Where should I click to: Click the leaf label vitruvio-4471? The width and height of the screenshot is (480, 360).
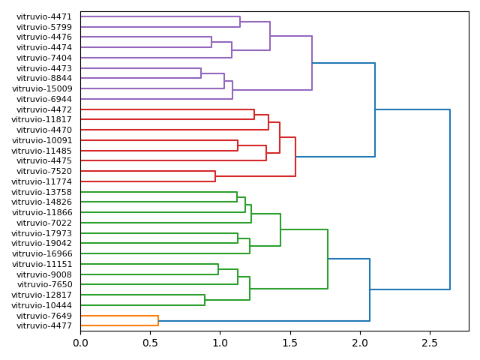tap(44, 16)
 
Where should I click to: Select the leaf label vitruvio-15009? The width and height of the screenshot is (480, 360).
tap(42, 88)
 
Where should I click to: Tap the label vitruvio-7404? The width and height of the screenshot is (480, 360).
tap(44, 58)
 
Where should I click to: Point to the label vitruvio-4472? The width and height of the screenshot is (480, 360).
tap(44, 109)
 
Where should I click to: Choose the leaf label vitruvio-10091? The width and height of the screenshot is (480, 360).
tap(42, 140)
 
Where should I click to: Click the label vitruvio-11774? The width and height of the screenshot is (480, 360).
tap(42, 181)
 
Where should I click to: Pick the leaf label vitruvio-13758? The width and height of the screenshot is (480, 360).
tap(42, 192)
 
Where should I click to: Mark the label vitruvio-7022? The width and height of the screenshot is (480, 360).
tap(44, 223)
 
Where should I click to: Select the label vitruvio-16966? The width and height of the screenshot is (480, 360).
tap(42, 253)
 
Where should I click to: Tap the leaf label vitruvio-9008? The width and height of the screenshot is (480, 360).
tap(44, 274)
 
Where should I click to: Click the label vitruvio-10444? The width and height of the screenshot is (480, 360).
tap(42, 305)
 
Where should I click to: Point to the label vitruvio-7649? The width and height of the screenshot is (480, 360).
tap(44, 316)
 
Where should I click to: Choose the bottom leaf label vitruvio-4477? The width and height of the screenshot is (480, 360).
tap(44, 325)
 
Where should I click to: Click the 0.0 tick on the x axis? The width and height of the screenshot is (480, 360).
tap(80, 342)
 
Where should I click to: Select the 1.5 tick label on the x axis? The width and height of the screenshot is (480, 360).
tap(290, 342)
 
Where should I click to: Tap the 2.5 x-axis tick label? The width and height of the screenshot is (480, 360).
tap(430, 342)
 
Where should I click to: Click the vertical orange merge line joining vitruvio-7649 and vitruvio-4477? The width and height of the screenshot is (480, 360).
tap(158, 321)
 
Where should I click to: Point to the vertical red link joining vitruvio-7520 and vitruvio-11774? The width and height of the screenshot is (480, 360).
tap(215, 176)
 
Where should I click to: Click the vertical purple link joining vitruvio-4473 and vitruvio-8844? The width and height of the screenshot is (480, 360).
tap(201, 73)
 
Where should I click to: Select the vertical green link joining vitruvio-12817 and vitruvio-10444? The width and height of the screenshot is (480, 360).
tap(205, 300)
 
